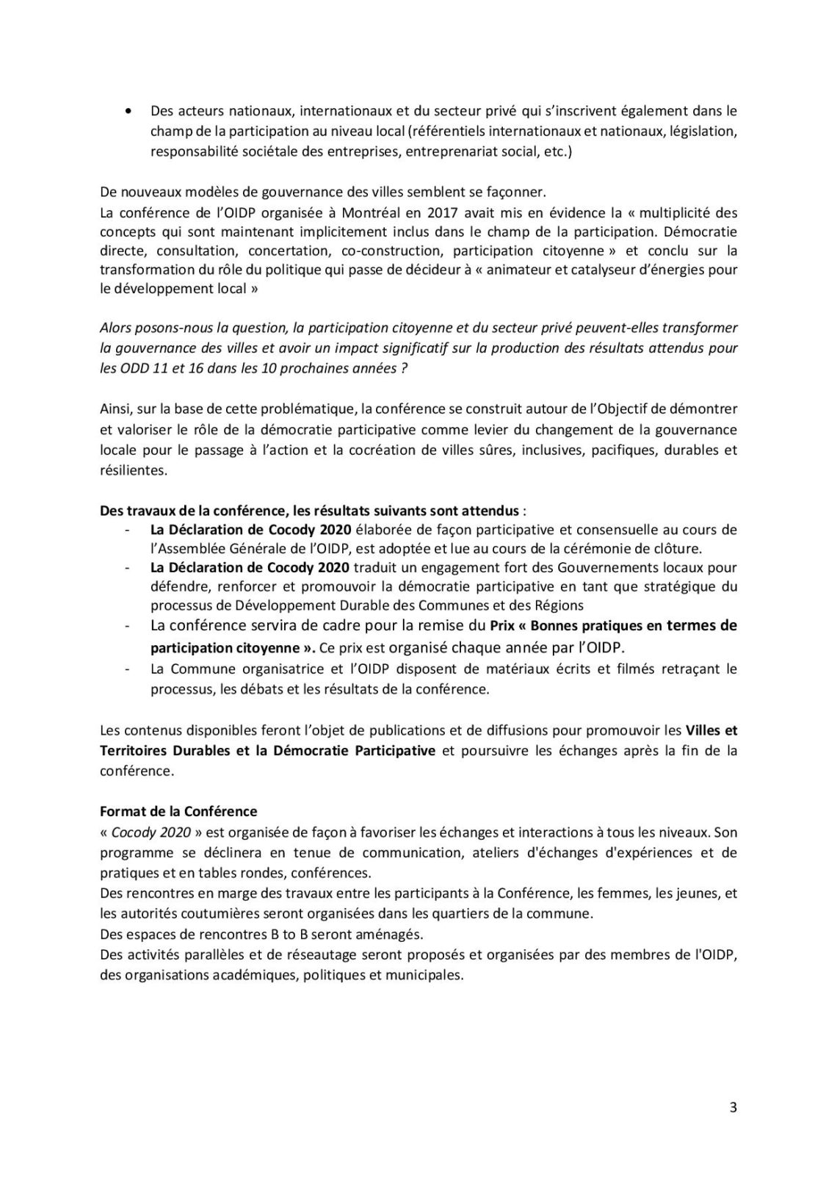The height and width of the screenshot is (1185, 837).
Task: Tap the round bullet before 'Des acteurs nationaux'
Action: [129, 112]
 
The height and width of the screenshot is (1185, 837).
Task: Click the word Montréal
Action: [346, 212]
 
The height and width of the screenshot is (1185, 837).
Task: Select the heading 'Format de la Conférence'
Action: [178, 812]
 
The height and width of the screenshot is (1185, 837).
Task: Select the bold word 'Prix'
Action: [504, 626]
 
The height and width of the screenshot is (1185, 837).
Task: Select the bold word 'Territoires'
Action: [134, 751]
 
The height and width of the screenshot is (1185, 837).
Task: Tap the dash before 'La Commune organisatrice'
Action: [129, 669]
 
